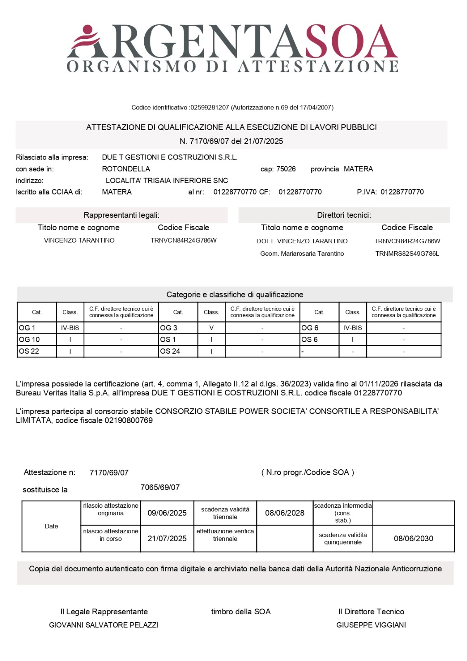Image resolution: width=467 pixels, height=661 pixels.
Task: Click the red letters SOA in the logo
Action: [x=351, y=41]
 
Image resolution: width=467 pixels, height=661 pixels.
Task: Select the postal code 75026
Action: [x=286, y=169]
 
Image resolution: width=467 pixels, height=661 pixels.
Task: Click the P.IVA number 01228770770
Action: [x=402, y=192]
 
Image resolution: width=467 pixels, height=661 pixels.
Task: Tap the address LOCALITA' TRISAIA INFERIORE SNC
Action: [x=167, y=181]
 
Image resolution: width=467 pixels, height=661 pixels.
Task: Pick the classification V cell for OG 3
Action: [x=211, y=328]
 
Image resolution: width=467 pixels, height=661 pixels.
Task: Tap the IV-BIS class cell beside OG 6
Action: [x=353, y=328]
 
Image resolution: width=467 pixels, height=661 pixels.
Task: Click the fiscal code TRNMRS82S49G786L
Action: [x=407, y=254]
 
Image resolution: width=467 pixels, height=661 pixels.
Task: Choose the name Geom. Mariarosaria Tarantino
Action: [x=302, y=254]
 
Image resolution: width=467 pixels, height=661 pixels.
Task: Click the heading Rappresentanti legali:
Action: [x=122, y=215]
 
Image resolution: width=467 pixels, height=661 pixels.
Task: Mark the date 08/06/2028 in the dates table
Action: [x=285, y=513]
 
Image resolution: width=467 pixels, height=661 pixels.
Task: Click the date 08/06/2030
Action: [x=413, y=539]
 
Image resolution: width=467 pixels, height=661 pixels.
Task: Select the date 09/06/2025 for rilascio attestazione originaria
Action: [x=167, y=513]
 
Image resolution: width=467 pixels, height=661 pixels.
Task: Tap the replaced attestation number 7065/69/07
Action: [x=160, y=487]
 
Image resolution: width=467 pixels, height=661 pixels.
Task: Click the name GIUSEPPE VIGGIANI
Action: [x=371, y=625]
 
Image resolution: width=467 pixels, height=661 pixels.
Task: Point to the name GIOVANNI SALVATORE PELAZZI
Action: [x=104, y=625]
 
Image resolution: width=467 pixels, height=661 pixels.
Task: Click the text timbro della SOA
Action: [x=241, y=612]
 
